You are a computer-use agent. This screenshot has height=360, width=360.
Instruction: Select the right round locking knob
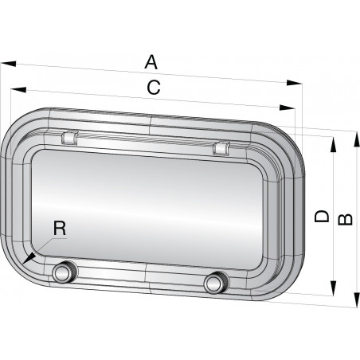tap(214, 283)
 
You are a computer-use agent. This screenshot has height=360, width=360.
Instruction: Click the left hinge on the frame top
tap(68, 137)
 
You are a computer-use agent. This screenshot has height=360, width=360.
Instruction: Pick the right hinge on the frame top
tap(221, 147)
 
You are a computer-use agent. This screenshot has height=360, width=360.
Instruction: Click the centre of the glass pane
tap(159, 209)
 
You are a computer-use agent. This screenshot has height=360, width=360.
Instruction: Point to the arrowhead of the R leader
tap(26, 260)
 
